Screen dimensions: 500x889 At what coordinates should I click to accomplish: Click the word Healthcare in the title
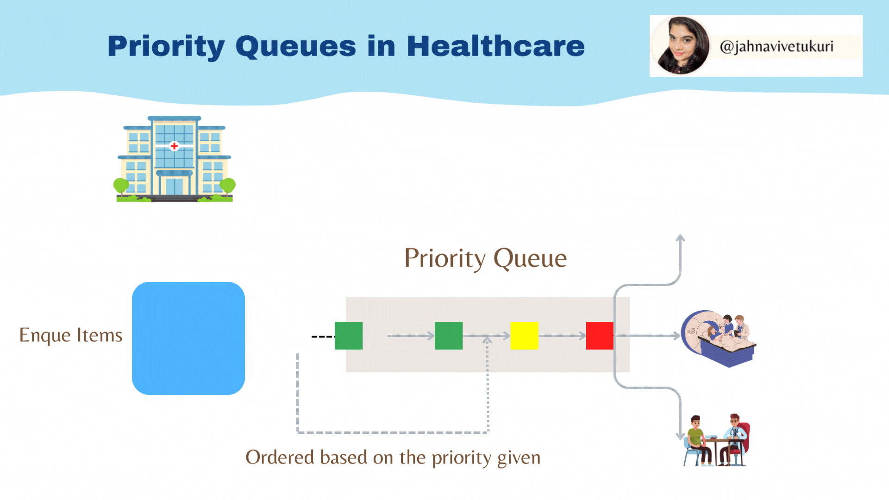click(495, 46)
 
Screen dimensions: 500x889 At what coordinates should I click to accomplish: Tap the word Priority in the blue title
click(166, 46)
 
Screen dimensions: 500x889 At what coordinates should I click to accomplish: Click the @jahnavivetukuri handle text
click(776, 46)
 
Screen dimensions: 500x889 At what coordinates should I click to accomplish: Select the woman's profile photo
click(680, 46)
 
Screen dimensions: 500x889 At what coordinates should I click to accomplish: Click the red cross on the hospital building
click(174, 146)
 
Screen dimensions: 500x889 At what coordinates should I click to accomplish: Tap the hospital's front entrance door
click(174, 186)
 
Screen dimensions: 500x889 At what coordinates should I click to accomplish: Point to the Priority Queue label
click(485, 258)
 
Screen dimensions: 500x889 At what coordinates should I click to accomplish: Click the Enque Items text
click(71, 335)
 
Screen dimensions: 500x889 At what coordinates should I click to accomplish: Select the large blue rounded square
click(188, 338)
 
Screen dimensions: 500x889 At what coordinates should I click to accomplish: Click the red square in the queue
click(600, 336)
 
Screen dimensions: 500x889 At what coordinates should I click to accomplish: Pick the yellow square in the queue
click(524, 336)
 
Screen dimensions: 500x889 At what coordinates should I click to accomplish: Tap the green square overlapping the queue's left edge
click(349, 336)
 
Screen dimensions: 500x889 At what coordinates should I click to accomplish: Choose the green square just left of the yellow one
click(449, 336)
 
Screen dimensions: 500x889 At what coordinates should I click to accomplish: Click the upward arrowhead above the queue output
click(680, 238)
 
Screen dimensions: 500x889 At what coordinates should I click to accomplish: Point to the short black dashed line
click(323, 337)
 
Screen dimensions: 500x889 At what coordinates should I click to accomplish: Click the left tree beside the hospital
click(121, 186)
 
